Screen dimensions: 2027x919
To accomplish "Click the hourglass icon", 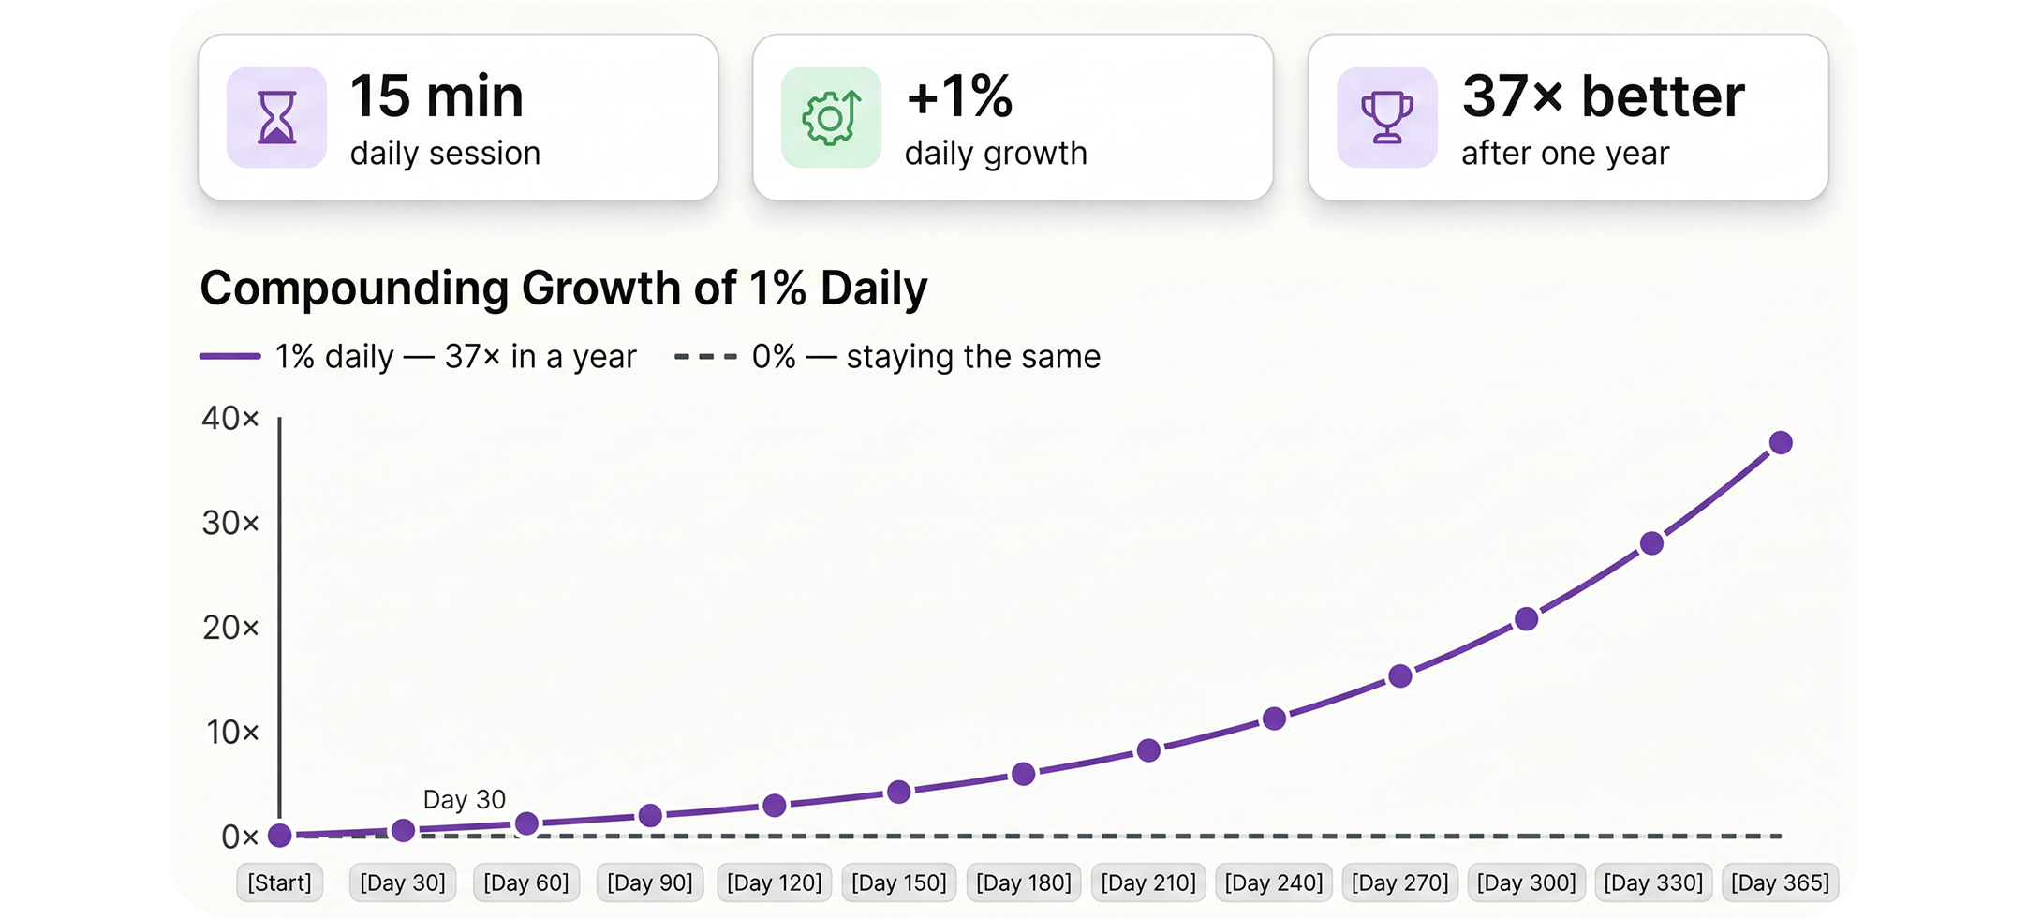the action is tap(276, 117).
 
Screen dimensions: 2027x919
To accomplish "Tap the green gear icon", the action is tap(831, 117).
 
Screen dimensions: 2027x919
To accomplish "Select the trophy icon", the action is tap(1386, 117).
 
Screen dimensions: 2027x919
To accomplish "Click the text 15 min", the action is tap(436, 96).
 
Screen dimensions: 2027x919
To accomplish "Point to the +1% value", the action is tap(959, 96).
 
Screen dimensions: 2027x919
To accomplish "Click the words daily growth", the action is tap(996, 154).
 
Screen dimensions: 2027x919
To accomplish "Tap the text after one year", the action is tap(1565, 154).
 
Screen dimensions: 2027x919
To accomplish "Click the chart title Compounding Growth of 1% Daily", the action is tap(564, 289).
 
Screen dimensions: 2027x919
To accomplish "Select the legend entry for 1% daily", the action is tap(418, 357).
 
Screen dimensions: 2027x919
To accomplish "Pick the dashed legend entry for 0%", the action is tap(887, 357).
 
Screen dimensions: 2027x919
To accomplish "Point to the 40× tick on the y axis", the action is tap(230, 418).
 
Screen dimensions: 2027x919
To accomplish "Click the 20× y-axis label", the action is tap(230, 628).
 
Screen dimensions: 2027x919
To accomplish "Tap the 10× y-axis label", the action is tap(231, 733).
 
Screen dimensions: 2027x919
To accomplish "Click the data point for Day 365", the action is tap(1781, 443).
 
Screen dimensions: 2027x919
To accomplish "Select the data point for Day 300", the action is tap(1526, 619).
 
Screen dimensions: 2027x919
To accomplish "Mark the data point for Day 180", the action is tap(1024, 775).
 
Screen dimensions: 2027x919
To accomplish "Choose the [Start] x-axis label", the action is tap(279, 883).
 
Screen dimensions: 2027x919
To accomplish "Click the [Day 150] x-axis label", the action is tap(899, 883).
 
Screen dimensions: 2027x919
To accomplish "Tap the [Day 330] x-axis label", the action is tap(1653, 883).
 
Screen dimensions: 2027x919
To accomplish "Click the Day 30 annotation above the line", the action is tap(465, 800).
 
